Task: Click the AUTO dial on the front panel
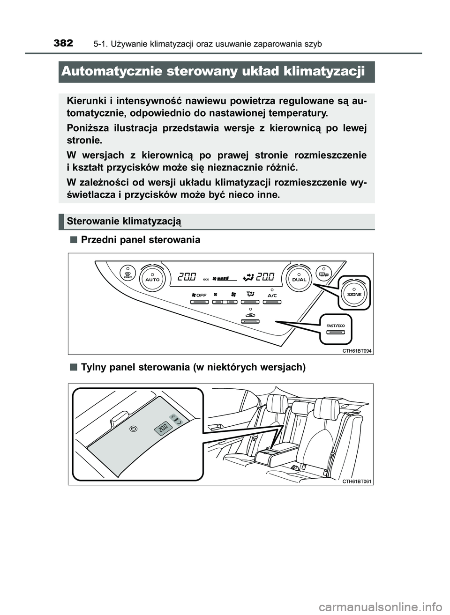pyautogui.click(x=152, y=278)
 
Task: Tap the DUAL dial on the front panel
pyautogui.click(x=299, y=278)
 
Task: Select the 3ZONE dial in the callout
pyautogui.click(x=354, y=294)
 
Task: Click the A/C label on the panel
pyautogui.click(x=272, y=296)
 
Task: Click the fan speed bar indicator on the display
pyautogui.click(x=220, y=278)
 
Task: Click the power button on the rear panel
pyautogui.click(x=134, y=428)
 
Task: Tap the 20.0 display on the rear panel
pyautogui.click(x=163, y=428)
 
